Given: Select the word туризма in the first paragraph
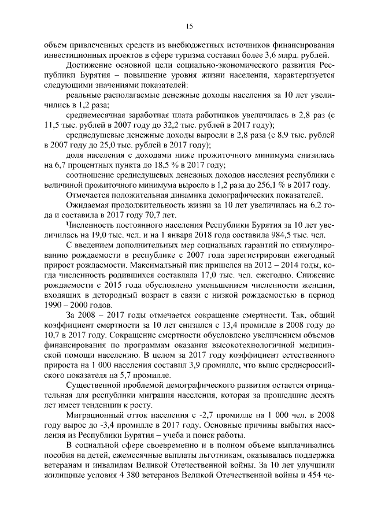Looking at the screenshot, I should pyautogui.click(x=210, y=55).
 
